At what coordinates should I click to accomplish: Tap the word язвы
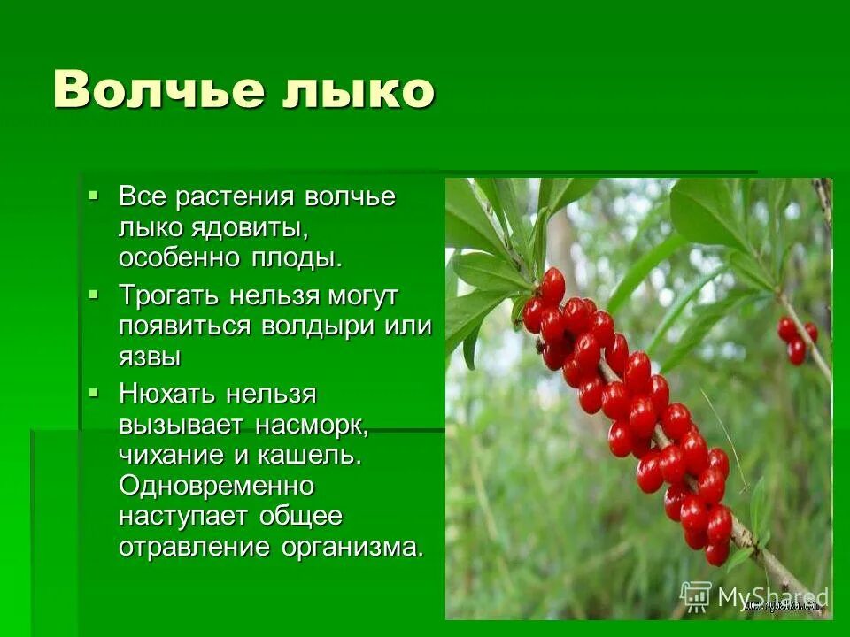tap(150, 357)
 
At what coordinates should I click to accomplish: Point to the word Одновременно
tap(217, 486)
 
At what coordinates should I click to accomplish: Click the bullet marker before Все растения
tap(94, 195)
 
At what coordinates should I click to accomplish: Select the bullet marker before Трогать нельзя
tap(94, 293)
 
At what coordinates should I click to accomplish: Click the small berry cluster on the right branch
tap(796, 340)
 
